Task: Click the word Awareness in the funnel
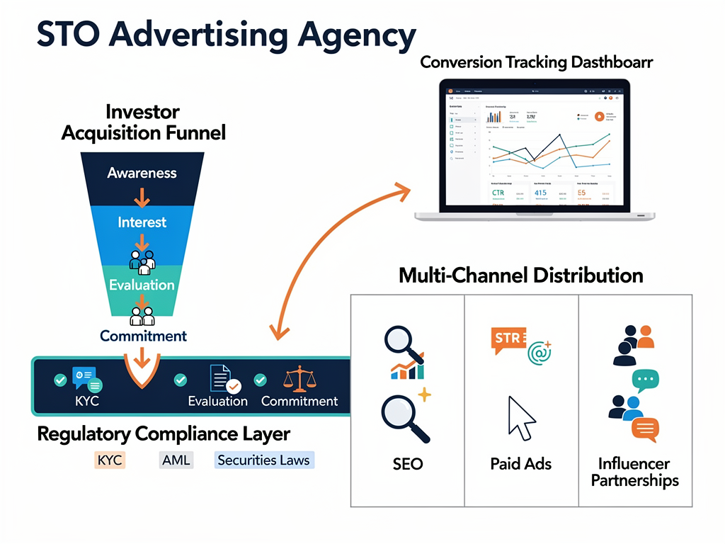coord(142,173)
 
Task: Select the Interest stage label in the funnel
coord(142,222)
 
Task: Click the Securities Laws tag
coord(263,460)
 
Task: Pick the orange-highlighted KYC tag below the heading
coord(109,460)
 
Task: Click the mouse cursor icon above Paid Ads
coord(521,418)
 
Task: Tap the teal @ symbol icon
coord(540,351)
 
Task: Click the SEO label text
coord(407,465)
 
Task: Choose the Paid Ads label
coord(520,465)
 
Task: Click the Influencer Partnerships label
coord(634,472)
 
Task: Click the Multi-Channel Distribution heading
coord(520,276)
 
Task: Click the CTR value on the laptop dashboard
coord(502,193)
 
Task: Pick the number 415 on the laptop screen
coord(541,193)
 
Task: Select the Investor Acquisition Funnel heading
coord(143,122)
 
